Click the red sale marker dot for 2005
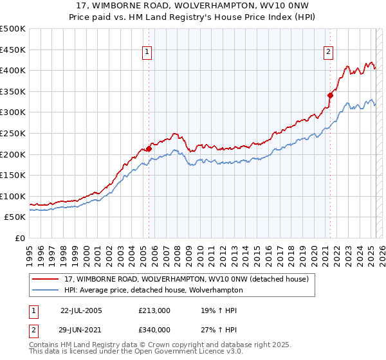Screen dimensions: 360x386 point(149,148)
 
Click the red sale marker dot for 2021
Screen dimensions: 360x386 point(330,95)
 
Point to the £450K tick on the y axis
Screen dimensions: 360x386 point(13,50)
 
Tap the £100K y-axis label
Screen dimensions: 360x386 point(13,196)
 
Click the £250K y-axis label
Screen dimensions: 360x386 point(13,133)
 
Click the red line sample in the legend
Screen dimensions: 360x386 point(45,279)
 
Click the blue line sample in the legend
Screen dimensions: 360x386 point(45,290)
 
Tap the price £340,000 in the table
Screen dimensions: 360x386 point(154,329)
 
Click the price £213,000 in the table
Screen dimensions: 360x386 point(154,310)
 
